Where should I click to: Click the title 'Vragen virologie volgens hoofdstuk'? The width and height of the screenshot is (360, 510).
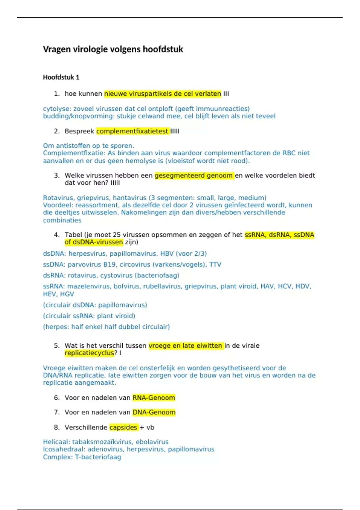point(113,49)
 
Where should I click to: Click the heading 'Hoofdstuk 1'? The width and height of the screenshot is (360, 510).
point(61,77)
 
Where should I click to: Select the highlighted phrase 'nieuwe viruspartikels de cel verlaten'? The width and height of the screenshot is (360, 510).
point(163,94)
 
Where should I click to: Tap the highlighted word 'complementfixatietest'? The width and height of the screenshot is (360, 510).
point(132,131)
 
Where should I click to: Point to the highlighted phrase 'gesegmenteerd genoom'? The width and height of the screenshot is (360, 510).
point(194,175)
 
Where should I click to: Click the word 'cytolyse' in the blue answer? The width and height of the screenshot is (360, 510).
point(57,109)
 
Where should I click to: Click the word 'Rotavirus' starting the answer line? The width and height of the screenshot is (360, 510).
point(58,198)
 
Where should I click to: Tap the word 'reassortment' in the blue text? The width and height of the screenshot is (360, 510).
point(94,205)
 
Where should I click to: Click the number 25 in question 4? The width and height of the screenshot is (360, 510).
point(117,235)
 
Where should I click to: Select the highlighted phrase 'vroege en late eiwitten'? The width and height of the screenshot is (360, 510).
point(185,346)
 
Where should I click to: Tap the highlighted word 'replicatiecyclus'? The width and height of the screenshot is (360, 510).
point(89,353)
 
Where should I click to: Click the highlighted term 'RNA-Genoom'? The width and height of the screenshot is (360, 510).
point(154,398)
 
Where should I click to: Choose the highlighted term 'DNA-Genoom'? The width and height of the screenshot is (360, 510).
point(154,412)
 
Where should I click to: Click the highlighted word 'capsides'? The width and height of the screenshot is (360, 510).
point(123,427)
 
